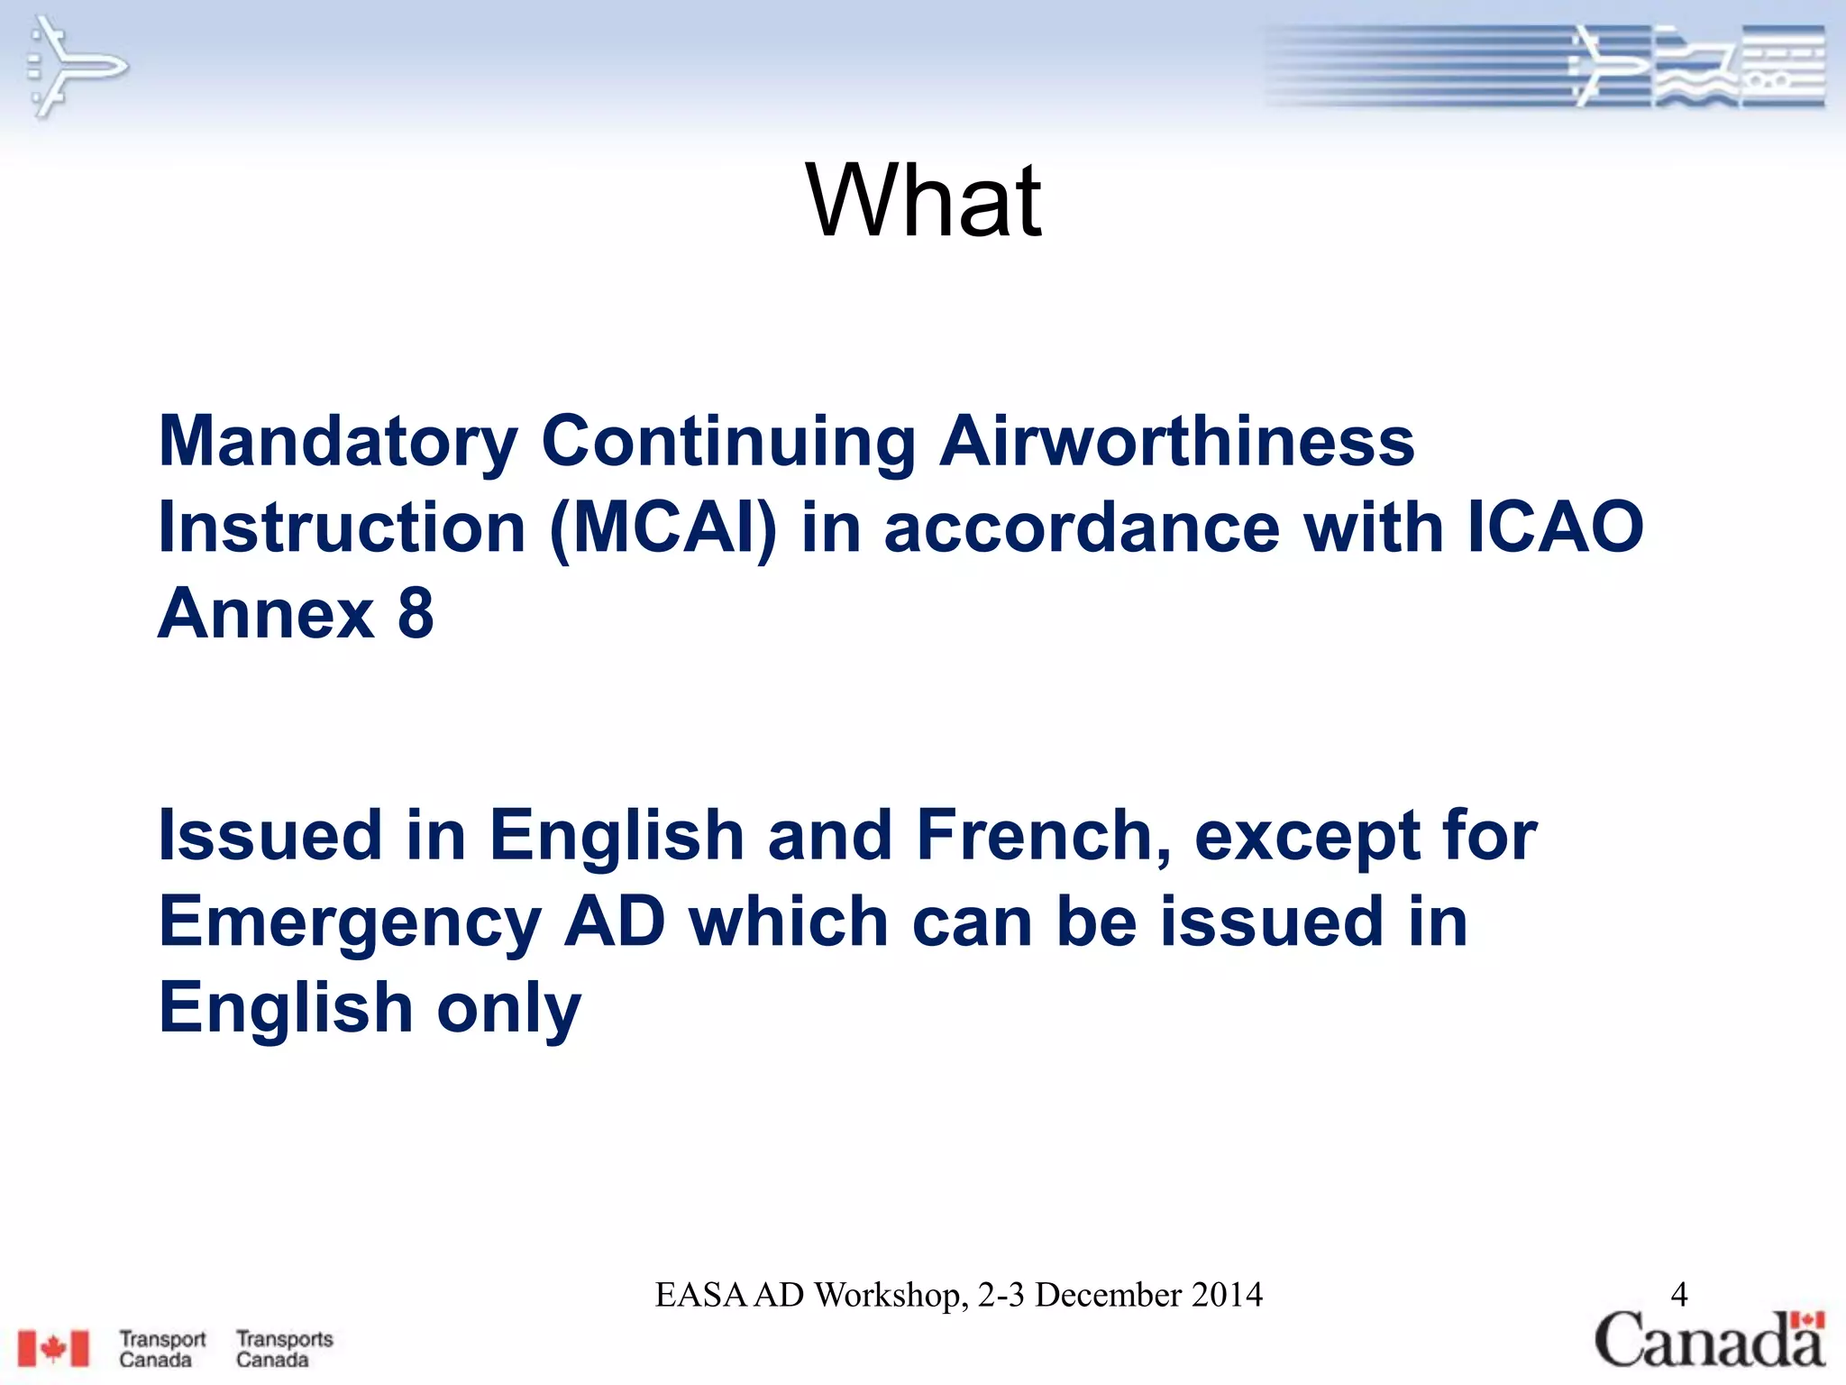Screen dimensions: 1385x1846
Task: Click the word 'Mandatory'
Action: (338, 442)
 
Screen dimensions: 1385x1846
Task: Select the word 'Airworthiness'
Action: (1177, 442)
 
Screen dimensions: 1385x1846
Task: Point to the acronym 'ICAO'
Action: (1555, 527)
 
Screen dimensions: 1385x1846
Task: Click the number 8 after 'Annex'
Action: (416, 613)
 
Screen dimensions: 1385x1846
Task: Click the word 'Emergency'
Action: (350, 922)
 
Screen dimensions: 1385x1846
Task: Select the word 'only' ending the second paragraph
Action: (509, 1008)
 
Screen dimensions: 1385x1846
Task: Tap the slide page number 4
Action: (1678, 1295)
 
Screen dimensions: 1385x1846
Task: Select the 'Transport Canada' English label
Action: (162, 1349)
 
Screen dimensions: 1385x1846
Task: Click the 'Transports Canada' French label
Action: (285, 1349)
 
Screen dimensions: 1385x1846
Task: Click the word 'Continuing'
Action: (728, 442)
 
